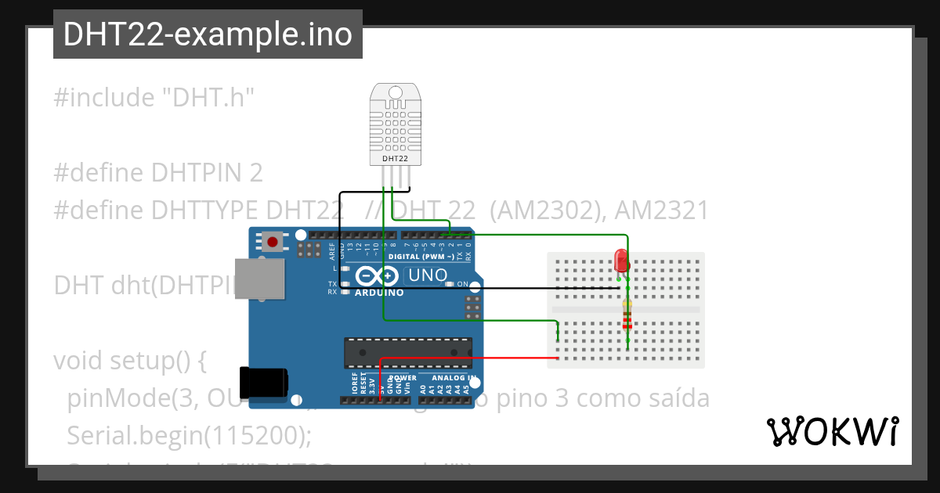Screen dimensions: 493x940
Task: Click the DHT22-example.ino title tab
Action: (x=208, y=35)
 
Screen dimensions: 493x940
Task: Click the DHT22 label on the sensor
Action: (x=394, y=159)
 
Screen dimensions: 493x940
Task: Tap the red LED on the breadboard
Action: (x=620, y=260)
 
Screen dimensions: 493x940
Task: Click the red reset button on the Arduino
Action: (x=273, y=241)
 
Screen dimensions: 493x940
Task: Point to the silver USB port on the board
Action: (x=258, y=279)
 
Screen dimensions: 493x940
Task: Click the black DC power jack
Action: (x=263, y=383)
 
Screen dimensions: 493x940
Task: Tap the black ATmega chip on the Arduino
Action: (x=409, y=352)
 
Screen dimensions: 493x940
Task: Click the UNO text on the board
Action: (x=428, y=275)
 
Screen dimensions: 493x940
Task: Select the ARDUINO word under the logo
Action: (x=379, y=293)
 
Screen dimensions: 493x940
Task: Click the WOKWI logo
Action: (x=832, y=431)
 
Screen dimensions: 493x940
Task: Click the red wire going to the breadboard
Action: (x=470, y=358)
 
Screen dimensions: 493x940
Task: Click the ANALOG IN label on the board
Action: (x=454, y=377)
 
